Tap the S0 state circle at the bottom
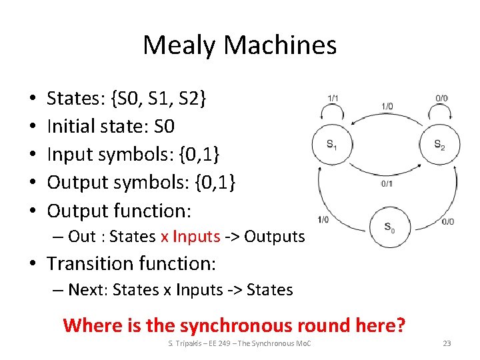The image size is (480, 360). [x=389, y=227]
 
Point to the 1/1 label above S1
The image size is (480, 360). [x=333, y=99]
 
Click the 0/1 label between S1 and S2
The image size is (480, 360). [x=387, y=184]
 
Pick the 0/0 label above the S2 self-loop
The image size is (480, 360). [x=441, y=99]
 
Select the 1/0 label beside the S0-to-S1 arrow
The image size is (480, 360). [x=323, y=219]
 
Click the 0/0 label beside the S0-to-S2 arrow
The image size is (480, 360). [x=447, y=221]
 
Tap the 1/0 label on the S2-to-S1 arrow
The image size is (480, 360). [x=387, y=106]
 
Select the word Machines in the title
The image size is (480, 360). [x=281, y=45]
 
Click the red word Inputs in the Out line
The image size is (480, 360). [x=196, y=237]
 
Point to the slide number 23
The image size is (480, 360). [x=447, y=343]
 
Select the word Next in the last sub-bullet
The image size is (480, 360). [x=84, y=290]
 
